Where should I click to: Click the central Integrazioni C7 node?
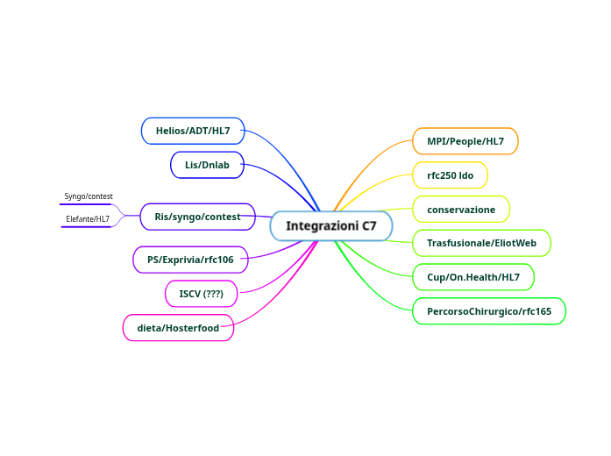[x=331, y=226]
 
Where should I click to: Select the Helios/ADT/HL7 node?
[x=193, y=131]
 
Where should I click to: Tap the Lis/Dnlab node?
[x=207, y=165]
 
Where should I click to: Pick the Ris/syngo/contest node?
[x=197, y=217]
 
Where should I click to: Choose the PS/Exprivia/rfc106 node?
[x=190, y=260]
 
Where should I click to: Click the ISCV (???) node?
[x=202, y=294]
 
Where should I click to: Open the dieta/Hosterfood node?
[x=178, y=328]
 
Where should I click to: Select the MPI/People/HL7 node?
[x=465, y=141]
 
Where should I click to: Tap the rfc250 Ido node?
[x=451, y=175]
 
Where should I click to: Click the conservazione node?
[x=461, y=210]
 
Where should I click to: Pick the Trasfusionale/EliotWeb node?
[x=481, y=243]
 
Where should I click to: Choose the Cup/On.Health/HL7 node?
[x=473, y=277]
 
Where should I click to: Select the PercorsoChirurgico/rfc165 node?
[x=489, y=311]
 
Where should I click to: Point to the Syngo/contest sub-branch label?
[x=89, y=196]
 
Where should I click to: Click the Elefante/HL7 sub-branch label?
[x=88, y=219]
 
